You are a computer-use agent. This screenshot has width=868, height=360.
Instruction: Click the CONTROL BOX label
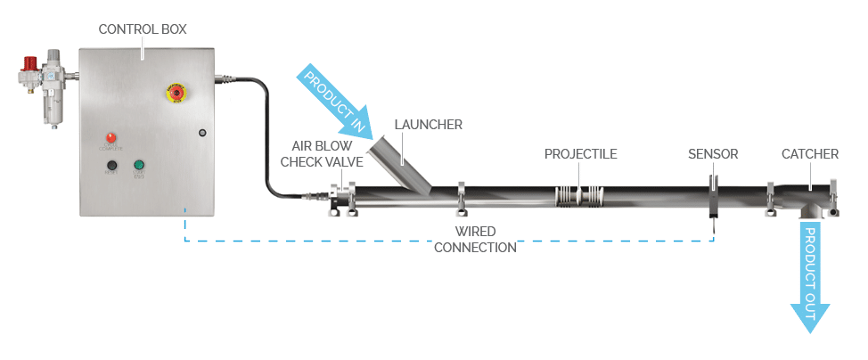click(x=143, y=29)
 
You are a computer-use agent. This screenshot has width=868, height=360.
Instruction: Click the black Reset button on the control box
click(x=112, y=166)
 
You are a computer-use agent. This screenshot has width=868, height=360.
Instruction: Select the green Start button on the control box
click(x=139, y=166)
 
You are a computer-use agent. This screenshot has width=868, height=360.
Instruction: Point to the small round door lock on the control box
click(x=202, y=133)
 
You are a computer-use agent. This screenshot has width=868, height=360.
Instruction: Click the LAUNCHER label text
click(x=428, y=125)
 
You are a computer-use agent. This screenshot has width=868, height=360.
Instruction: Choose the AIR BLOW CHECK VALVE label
click(x=322, y=153)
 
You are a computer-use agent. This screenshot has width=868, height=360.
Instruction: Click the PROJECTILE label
click(x=580, y=154)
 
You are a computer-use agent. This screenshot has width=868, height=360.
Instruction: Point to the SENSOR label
click(x=712, y=154)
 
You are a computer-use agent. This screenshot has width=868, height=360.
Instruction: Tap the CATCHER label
click(x=809, y=154)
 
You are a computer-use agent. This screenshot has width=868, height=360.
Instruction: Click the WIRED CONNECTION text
click(x=474, y=240)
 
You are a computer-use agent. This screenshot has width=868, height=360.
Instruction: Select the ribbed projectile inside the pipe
click(x=578, y=197)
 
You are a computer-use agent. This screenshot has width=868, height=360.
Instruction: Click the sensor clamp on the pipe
click(x=714, y=196)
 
